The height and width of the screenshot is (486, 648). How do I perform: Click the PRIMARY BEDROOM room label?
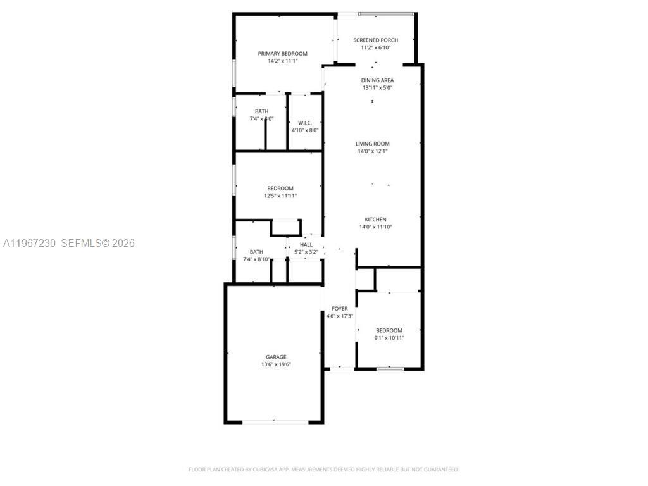coord(282,54)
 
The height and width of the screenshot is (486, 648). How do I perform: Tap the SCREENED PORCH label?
coord(375,40)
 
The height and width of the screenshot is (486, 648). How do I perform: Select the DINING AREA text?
coord(377,80)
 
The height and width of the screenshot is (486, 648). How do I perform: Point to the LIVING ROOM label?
coord(372,144)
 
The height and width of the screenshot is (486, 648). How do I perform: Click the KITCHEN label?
coord(375,220)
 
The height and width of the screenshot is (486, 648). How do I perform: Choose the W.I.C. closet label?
coord(304,123)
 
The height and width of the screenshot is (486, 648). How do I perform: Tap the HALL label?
coord(306,245)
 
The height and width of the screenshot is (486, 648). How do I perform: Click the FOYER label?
coord(340,309)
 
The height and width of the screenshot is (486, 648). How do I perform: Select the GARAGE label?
coord(276,357)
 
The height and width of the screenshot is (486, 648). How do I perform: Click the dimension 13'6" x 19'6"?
coord(276,364)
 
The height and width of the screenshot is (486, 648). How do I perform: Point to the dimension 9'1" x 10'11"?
coord(389,338)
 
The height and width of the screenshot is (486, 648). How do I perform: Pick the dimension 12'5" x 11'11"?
coord(280,196)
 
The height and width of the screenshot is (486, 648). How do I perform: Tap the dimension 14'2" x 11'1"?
coord(282,61)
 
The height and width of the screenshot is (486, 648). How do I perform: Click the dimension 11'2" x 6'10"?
coord(375,48)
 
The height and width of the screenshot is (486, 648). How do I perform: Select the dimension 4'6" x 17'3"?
coord(340,316)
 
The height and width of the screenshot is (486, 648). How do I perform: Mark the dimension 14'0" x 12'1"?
coord(372,151)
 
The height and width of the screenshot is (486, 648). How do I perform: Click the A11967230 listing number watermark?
coord(30,243)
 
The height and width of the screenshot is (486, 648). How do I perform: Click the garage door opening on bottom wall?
coord(274,421)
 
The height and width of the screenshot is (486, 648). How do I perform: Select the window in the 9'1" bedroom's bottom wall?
coord(390,368)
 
